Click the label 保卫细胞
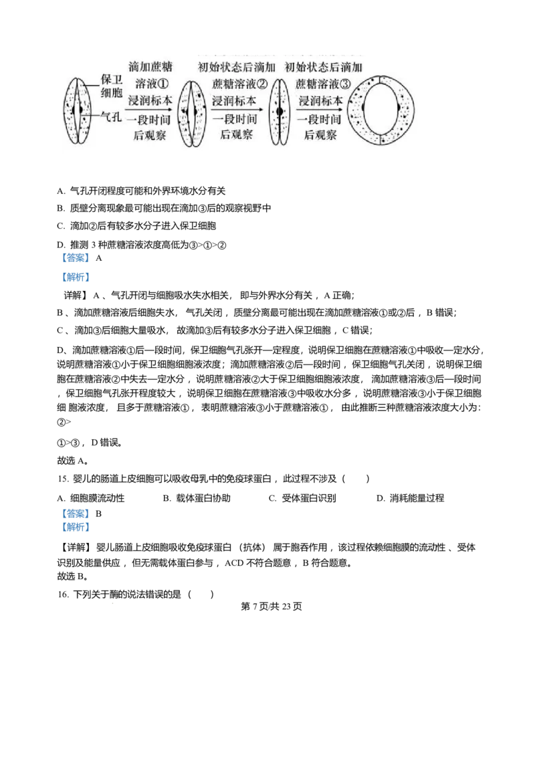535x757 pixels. click(111, 86)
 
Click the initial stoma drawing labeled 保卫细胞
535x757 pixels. click(78, 110)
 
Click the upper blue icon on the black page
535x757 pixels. click(75, 267)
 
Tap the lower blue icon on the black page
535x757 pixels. click(75, 521)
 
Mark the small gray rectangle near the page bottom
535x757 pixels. click(112, 602)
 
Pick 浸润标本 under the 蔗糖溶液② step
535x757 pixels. click(233, 101)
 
